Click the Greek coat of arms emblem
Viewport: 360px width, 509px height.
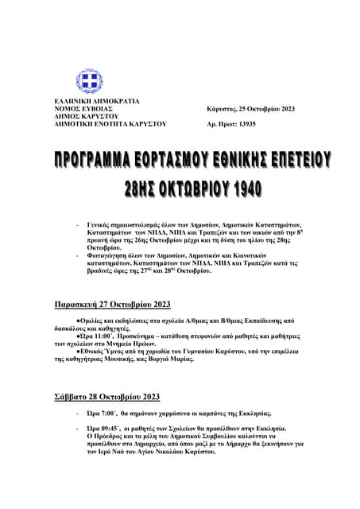tap(89, 81)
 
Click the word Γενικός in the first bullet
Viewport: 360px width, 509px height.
tap(102, 226)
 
